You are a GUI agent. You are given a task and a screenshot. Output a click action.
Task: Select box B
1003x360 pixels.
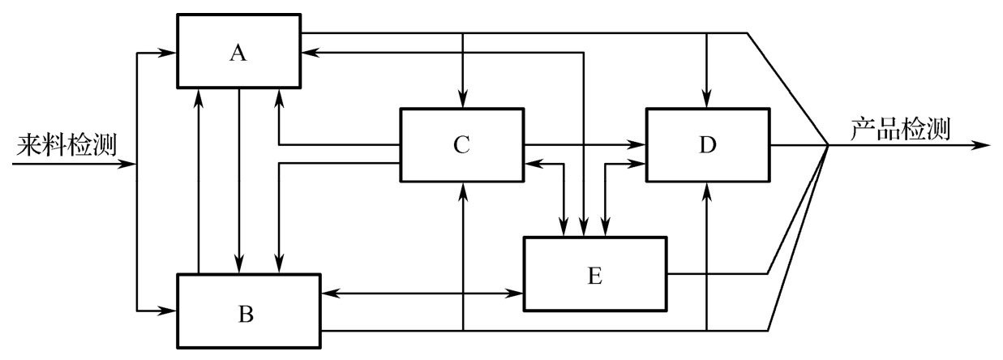[248, 311]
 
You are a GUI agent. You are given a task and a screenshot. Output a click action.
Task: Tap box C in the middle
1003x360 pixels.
[461, 145]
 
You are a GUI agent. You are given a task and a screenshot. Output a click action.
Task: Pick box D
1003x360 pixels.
[708, 145]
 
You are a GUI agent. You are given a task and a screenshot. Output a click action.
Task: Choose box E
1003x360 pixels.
[595, 274]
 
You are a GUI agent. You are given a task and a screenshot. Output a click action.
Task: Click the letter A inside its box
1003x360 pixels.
[238, 53]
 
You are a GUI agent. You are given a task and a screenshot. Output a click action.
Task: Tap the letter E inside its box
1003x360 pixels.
[595, 276]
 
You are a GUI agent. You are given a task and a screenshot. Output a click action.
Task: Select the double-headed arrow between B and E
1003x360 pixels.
[422, 292]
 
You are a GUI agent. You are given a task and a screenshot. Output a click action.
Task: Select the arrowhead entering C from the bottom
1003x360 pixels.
[463, 190]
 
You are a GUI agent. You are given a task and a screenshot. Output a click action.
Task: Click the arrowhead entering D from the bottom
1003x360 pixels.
[708, 190]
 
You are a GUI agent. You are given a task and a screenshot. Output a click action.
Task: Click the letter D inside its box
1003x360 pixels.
[708, 147]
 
